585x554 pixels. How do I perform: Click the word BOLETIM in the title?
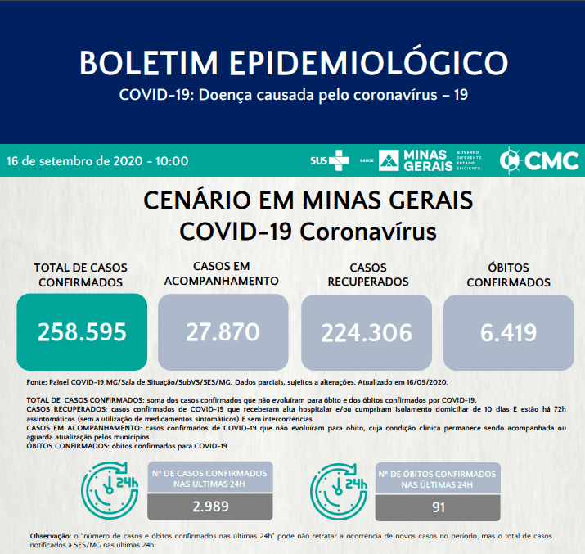click(148, 62)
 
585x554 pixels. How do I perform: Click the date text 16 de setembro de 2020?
click(74, 161)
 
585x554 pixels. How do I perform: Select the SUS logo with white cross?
click(330, 160)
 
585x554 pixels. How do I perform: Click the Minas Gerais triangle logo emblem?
click(389, 160)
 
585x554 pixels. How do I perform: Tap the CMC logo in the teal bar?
click(539, 160)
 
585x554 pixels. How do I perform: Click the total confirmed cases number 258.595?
click(82, 332)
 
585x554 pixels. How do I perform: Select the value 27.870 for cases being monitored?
click(223, 332)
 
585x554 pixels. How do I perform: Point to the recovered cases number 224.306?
click(367, 333)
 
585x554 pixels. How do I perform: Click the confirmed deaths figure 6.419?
click(509, 333)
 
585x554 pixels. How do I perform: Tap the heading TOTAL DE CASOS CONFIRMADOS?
click(80, 275)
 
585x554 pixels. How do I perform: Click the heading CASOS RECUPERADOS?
click(368, 275)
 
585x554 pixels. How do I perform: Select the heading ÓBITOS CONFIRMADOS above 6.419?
click(509, 275)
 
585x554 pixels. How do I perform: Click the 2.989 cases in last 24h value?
click(210, 507)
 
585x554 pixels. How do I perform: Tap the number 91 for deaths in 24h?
click(439, 507)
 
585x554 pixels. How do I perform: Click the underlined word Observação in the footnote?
click(50, 536)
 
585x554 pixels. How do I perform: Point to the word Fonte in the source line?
click(36, 382)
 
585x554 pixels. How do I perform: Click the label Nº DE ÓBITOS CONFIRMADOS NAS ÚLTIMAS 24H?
click(437, 480)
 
